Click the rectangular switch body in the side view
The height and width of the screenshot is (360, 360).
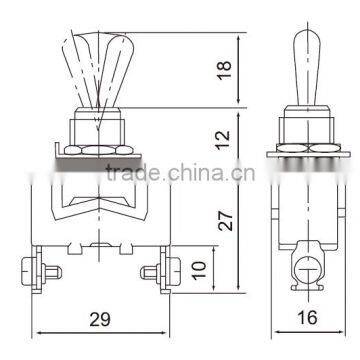[x=308, y=210]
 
